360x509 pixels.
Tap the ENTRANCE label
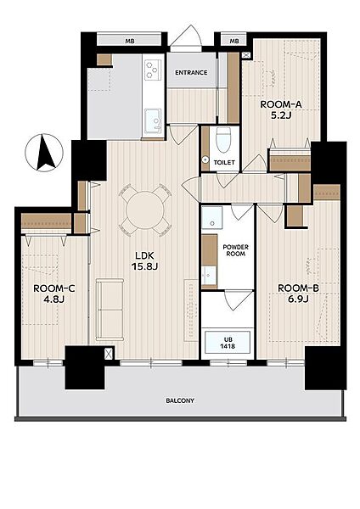(x=191, y=72)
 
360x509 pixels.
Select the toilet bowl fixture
(x=223, y=140)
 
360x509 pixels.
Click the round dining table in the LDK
(x=145, y=210)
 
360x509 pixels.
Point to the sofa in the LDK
(x=110, y=310)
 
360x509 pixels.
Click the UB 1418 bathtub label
(x=228, y=343)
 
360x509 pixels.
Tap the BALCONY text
(x=180, y=400)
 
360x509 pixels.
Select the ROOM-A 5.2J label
(x=281, y=109)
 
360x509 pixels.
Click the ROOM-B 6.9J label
(x=298, y=294)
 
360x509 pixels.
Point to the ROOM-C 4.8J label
(x=54, y=294)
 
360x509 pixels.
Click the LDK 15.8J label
(x=145, y=260)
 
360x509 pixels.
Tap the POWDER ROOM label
(x=235, y=250)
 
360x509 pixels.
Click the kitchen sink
(x=153, y=120)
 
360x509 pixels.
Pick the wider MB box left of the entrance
(x=130, y=41)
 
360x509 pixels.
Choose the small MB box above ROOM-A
(x=234, y=41)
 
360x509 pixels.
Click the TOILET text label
(x=224, y=162)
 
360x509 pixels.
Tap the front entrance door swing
(x=186, y=38)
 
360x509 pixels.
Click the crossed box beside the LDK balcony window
(x=109, y=354)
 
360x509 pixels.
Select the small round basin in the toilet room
(x=205, y=159)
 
